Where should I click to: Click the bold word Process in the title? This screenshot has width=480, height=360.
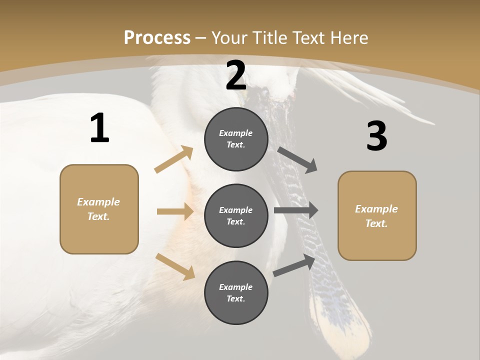coord(157,37)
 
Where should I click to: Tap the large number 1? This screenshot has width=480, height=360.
coord(99,128)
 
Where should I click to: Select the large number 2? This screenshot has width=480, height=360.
coord(236,76)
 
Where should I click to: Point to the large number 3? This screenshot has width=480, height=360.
coord(376,136)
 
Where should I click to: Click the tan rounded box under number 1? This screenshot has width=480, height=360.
coord(99,235)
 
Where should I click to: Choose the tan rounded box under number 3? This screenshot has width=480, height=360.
coord(377,242)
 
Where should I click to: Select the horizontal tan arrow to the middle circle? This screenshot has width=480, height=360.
coord(175,211)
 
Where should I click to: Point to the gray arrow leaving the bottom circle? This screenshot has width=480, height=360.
coord(294,265)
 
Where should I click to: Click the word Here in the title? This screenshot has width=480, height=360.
coord(349,37)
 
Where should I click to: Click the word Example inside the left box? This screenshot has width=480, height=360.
coord(98,202)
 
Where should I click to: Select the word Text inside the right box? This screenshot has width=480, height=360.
coord(376,223)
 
